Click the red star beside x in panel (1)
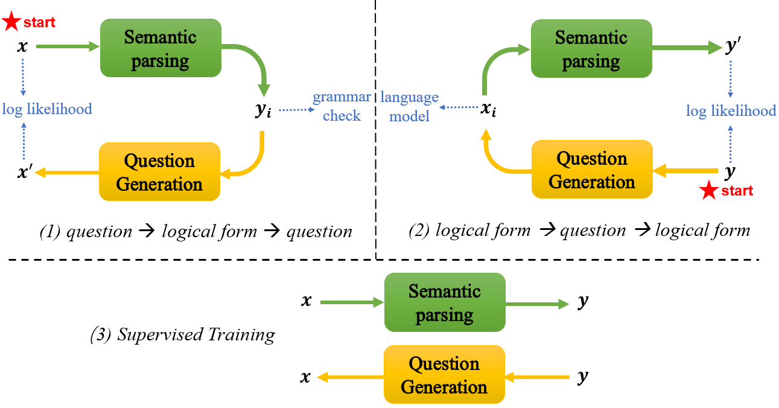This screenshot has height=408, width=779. (11, 23)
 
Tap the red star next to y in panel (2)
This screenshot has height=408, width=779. (708, 192)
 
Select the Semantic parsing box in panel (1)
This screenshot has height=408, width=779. (160, 48)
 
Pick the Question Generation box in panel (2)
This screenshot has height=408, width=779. (591, 170)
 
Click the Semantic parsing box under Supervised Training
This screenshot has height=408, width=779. (444, 302)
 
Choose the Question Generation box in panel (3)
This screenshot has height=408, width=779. (444, 375)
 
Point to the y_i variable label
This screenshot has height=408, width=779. (262, 111)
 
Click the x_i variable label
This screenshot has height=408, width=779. (489, 109)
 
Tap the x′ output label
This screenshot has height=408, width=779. (25, 173)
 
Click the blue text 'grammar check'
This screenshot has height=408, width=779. (342, 106)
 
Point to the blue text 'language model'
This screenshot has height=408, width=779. (410, 107)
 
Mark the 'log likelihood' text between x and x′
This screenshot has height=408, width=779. (47, 109)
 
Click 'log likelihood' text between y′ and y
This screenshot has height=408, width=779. (731, 111)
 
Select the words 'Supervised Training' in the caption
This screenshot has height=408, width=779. (196, 334)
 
